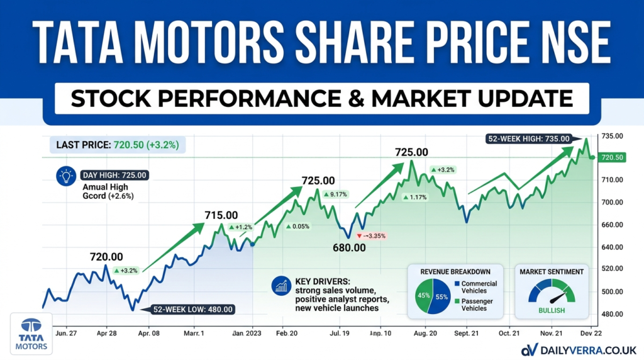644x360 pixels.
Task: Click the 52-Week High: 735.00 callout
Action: click(x=529, y=139)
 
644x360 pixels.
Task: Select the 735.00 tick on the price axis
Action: click(x=612, y=137)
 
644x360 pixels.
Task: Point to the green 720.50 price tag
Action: click(x=611, y=157)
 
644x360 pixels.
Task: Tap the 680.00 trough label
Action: click(x=349, y=247)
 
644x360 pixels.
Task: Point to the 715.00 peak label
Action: click(x=221, y=215)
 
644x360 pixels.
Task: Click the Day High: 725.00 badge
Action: click(x=115, y=176)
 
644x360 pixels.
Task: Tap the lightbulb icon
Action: click(x=66, y=176)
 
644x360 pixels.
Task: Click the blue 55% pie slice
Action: click(x=440, y=296)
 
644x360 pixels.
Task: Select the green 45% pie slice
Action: click(x=421, y=296)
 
